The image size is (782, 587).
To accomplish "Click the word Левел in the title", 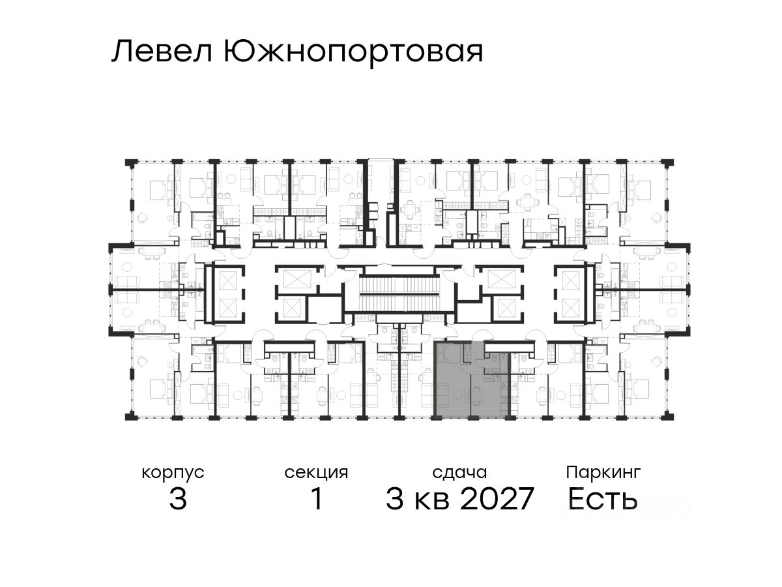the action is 162,52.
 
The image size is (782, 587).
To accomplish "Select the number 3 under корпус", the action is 177,500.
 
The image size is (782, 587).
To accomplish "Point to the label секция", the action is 317,472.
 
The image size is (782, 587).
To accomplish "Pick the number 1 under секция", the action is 317,500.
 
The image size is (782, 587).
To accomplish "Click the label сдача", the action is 459,472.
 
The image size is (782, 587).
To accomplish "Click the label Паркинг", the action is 603,472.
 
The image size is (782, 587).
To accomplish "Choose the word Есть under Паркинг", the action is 602,500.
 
